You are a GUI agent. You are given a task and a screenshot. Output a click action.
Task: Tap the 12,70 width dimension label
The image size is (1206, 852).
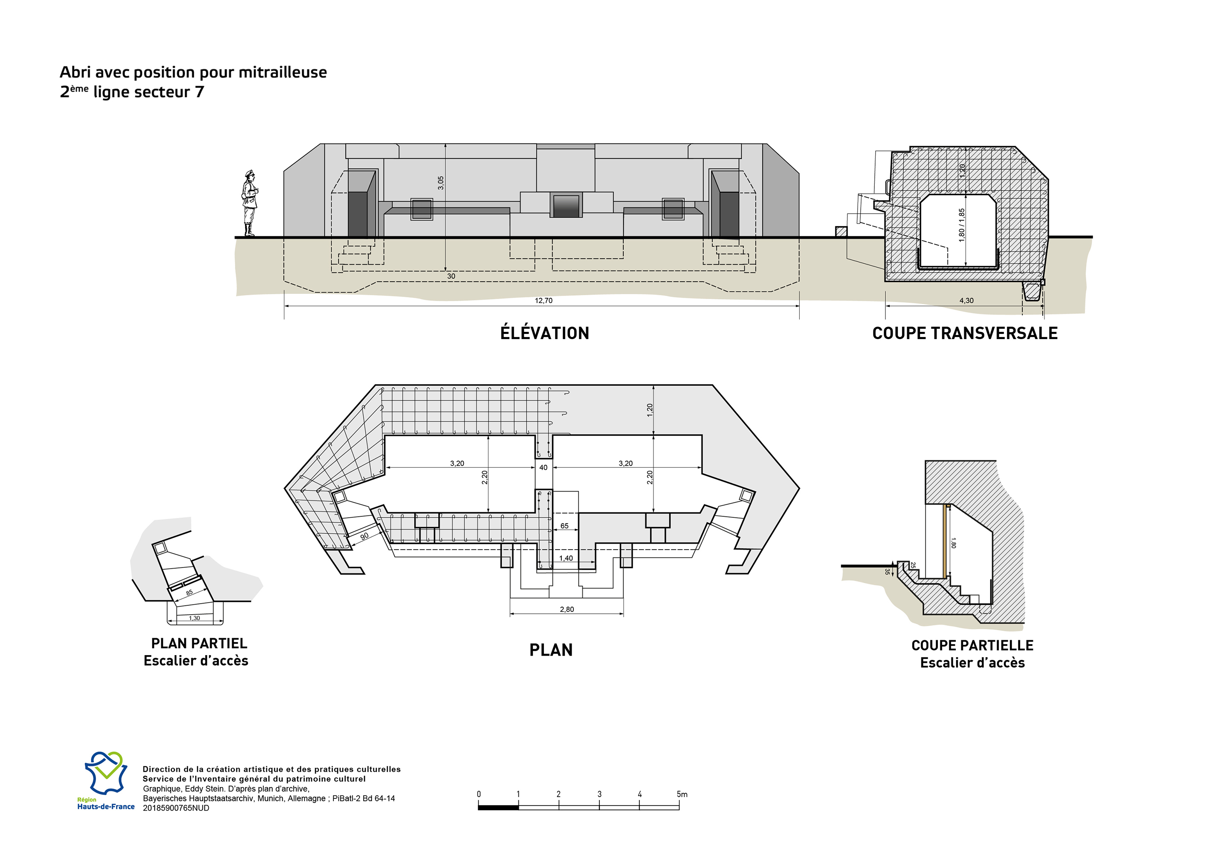544,301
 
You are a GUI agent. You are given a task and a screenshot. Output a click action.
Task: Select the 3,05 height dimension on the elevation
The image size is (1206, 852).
441,183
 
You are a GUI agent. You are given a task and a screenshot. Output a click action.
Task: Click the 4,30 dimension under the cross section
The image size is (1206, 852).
966,301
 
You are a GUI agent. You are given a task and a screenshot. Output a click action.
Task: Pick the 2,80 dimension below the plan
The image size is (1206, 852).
567,610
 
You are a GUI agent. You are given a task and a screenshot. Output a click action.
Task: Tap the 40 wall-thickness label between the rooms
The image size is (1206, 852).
543,467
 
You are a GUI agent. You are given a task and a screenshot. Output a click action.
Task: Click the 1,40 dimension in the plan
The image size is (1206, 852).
566,558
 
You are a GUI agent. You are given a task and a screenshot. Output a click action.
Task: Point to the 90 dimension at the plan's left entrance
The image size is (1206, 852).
364,536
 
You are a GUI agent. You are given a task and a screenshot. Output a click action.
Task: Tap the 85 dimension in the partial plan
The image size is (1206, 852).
189,593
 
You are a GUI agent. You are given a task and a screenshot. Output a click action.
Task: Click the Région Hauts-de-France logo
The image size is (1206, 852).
106,780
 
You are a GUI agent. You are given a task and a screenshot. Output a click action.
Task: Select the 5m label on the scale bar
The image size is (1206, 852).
682,794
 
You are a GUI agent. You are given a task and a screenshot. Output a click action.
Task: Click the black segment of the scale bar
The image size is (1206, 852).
498,807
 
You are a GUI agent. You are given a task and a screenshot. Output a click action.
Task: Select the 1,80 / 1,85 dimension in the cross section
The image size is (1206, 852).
961,225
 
